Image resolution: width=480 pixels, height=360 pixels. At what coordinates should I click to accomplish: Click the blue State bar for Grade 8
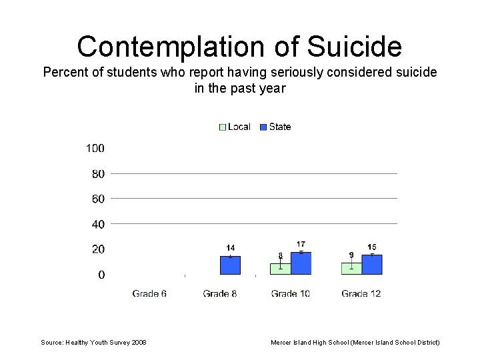[x=230, y=265]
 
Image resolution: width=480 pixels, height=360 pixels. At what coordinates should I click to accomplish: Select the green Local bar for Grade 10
[x=281, y=269]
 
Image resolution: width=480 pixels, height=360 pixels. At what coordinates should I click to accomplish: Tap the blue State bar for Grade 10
[x=301, y=263]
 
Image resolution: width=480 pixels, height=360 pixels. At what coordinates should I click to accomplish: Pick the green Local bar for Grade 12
[x=351, y=268]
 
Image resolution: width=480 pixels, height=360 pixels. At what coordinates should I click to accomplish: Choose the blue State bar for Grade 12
[x=372, y=264]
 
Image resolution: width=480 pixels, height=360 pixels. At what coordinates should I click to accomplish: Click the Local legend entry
[x=235, y=127]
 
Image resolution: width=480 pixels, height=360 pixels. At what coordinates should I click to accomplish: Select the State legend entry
[x=275, y=127]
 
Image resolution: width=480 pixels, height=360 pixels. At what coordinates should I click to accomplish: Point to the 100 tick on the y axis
[x=95, y=148]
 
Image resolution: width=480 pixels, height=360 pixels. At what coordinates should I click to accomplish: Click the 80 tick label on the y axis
[x=98, y=174]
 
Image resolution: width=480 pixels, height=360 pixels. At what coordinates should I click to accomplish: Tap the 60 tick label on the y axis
[x=98, y=199]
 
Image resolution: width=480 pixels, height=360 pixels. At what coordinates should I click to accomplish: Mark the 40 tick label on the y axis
[x=98, y=224]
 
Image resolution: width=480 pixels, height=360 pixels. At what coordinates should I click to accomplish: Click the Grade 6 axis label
[x=149, y=293]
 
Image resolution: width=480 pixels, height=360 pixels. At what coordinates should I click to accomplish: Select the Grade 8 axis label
[x=220, y=293]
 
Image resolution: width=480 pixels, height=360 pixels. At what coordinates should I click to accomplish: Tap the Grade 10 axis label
[x=291, y=293]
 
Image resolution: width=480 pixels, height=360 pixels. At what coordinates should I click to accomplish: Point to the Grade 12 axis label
[x=361, y=293]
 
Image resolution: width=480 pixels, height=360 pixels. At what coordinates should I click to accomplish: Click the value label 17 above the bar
[x=301, y=245]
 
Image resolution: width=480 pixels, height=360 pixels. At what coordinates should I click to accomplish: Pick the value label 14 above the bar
[x=230, y=248]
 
